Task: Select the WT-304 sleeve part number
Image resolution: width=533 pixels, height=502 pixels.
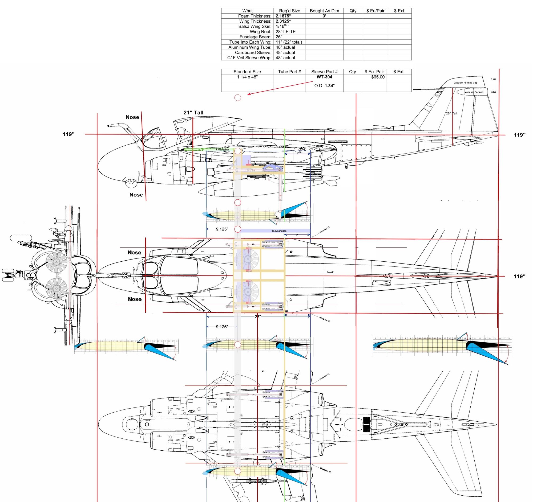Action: (x=324, y=77)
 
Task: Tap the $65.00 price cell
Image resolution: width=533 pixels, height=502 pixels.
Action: (x=378, y=77)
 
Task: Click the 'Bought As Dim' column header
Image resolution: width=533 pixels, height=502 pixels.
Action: (x=324, y=11)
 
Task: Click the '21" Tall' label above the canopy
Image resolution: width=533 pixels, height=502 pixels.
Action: (x=193, y=113)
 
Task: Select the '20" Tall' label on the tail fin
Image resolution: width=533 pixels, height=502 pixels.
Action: (x=451, y=113)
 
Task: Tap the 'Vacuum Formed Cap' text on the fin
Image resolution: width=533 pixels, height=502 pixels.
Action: (x=465, y=83)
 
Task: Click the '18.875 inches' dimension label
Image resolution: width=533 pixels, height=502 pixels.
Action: (x=279, y=231)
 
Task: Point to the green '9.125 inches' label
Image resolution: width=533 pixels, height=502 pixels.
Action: (x=222, y=150)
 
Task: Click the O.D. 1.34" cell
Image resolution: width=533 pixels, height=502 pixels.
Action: (x=324, y=86)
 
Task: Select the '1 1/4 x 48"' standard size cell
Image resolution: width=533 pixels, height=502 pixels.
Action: (x=247, y=77)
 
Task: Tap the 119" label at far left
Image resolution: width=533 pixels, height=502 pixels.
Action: (x=69, y=134)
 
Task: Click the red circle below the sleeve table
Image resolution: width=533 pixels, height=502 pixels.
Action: (x=237, y=98)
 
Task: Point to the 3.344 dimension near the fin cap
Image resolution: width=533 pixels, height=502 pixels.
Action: (x=493, y=80)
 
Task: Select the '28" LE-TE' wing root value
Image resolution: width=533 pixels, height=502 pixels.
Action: (x=285, y=32)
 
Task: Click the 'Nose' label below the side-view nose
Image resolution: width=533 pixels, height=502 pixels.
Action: (x=136, y=195)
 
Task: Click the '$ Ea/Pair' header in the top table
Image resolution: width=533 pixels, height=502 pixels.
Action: (x=375, y=11)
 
